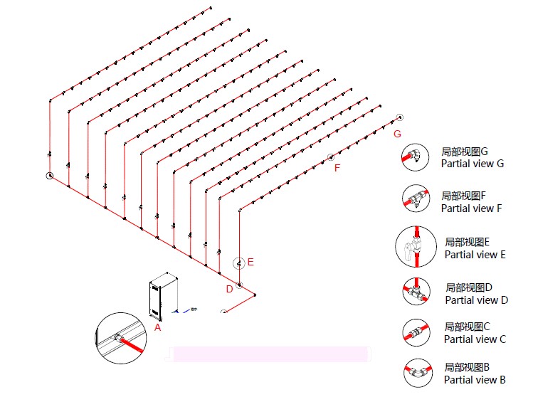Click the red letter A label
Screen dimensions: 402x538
click(x=158, y=328)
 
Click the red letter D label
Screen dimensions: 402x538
click(x=229, y=289)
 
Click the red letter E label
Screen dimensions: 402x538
click(x=250, y=262)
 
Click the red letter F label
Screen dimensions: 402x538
click(x=337, y=168)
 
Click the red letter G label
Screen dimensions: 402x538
click(x=397, y=134)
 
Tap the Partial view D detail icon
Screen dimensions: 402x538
click(x=416, y=292)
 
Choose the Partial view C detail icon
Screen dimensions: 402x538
click(x=416, y=332)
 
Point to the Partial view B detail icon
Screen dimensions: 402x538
click(x=418, y=373)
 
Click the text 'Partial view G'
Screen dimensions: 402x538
click(x=472, y=164)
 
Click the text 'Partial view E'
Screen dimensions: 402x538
click(x=475, y=255)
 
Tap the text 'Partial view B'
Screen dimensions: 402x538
click(x=475, y=380)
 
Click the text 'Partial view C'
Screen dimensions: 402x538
click(x=475, y=339)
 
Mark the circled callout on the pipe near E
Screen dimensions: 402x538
click(x=240, y=263)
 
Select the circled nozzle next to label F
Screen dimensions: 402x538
click(x=330, y=157)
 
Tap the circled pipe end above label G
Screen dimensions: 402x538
click(x=400, y=117)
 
